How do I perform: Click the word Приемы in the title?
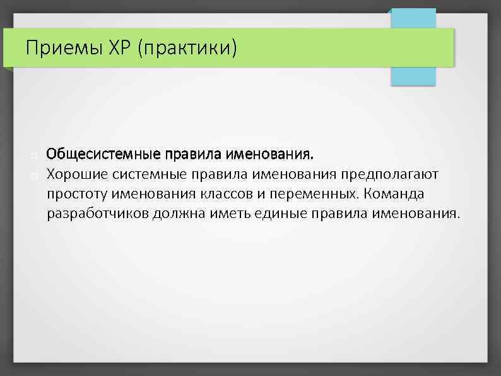click(57, 47)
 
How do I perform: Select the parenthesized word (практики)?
click(183, 48)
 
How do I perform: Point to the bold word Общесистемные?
click(103, 154)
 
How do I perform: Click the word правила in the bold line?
click(187, 154)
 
